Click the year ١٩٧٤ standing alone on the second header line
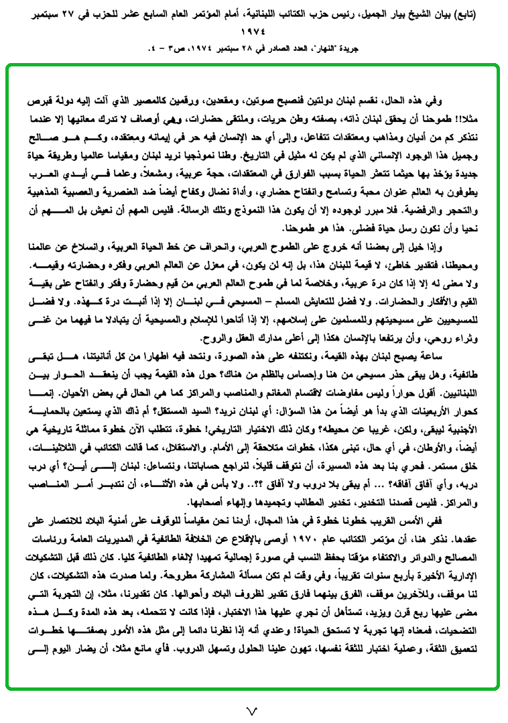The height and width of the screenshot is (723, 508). (x=253, y=31)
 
